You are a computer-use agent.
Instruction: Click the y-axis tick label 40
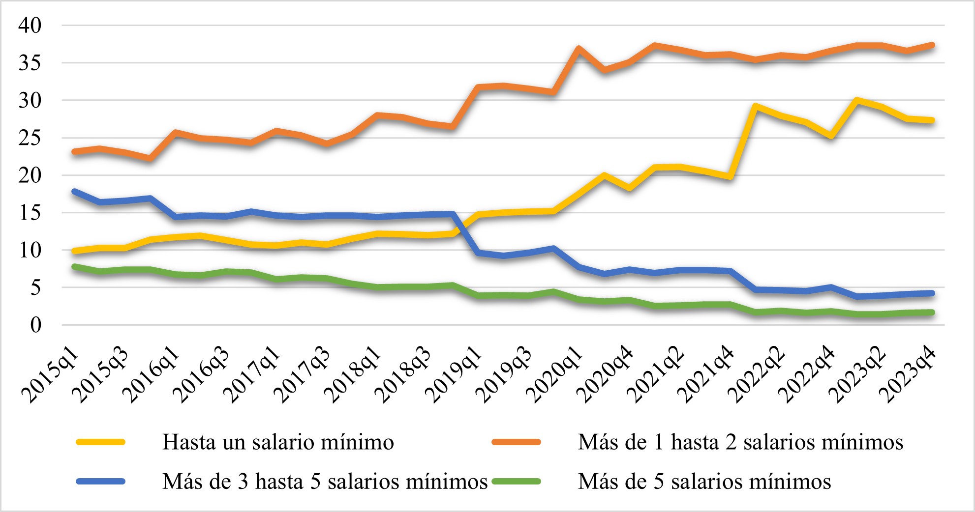(x=30, y=26)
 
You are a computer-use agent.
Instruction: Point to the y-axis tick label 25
(x=30, y=138)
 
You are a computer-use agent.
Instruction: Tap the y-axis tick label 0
(x=36, y=325)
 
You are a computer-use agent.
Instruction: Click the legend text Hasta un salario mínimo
(x=278, y=442)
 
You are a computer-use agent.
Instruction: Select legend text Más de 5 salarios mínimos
(x=704, y=482)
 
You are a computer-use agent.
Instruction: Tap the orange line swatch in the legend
(x=517, y=442)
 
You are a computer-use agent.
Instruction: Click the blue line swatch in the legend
(x=101, y=482)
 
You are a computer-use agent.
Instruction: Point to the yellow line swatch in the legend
(x=101, y=442)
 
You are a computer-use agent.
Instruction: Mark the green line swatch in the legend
(x=517, y=482)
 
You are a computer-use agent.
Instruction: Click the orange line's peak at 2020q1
(x=579, y=49)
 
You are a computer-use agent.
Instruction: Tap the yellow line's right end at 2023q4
(x=931, y=120)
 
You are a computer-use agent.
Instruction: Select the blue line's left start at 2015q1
(x=74, y=191)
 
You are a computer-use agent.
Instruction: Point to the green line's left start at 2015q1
(x=74, y=267)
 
